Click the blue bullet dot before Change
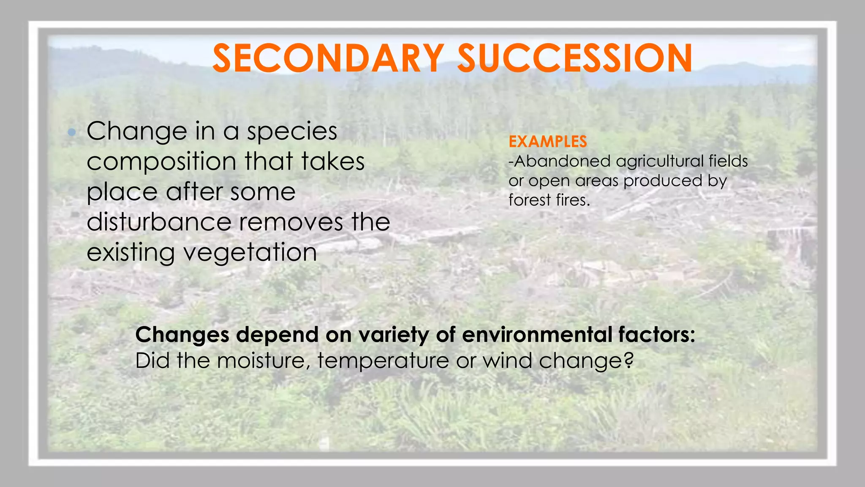click(x=72, y=133)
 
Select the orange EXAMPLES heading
click(x=547, y=142)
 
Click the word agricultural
click(x=659, y=161)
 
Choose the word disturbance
click(x=159, y=222)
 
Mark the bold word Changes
click(x=182, y=335)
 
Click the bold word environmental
click(x=537, y=335)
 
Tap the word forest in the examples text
click(x=530, y=200)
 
